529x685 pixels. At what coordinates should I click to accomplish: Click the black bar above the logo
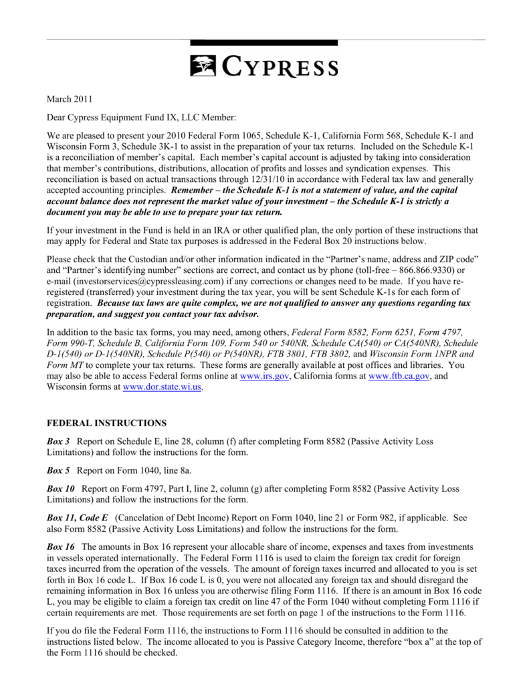click(264, 43)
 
